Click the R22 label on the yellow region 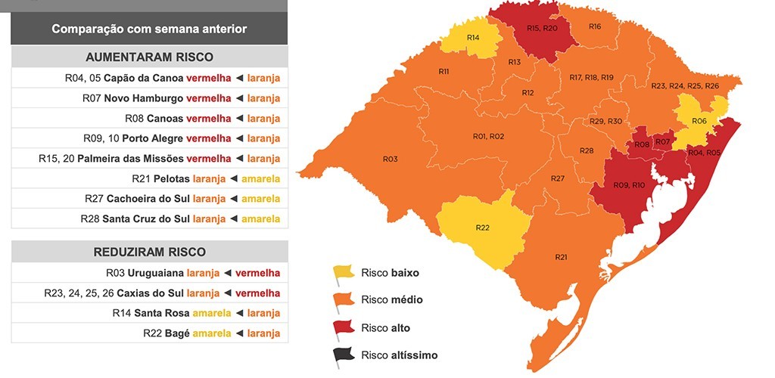tap(482, 228)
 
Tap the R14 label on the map tap(473, 37)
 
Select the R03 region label tap(390, 159)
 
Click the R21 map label tap(561, 258)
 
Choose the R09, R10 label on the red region tap(628, 185)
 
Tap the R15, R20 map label tap(541, 28)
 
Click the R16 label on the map tap(595, 26)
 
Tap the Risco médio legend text tap(391, 300)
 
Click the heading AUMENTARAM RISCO tap(149, 57)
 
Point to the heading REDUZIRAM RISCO tap(149, 252)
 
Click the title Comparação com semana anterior tap(149, 29)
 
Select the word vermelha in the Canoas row tap(208, 119)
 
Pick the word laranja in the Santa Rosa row tap(263, 313)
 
